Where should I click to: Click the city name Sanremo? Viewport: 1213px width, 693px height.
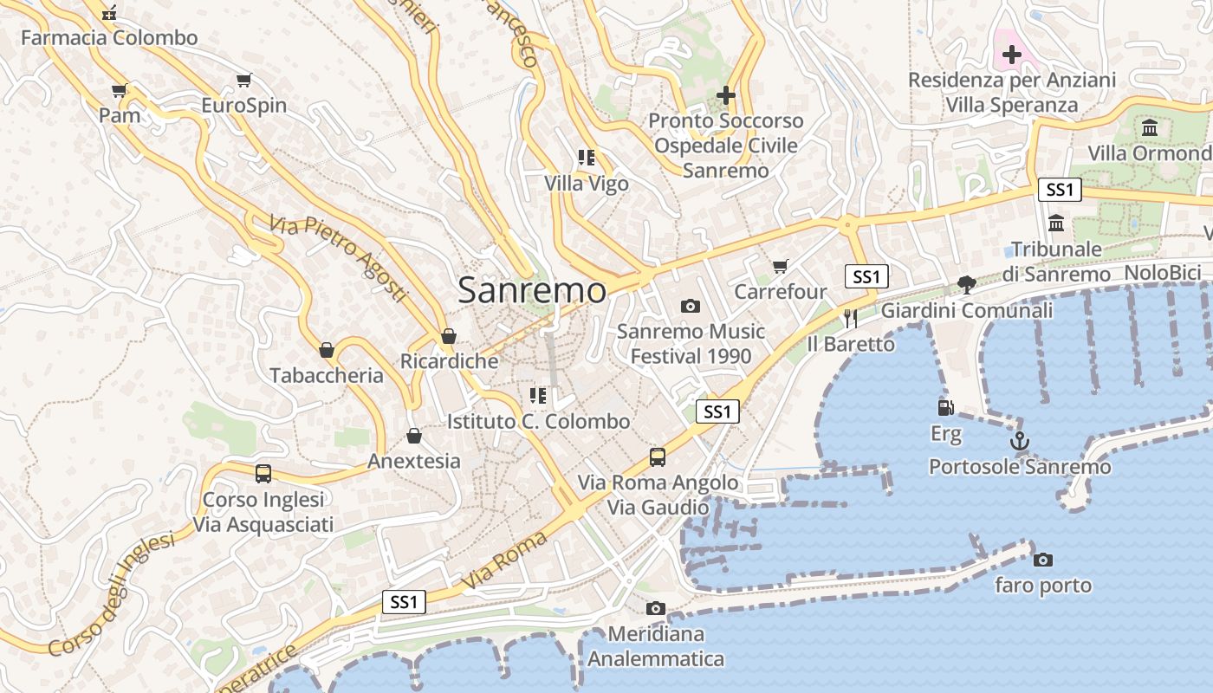pyautogui.click(x=531, y=290)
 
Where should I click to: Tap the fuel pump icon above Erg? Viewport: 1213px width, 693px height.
pyautogui.click(x=945, y=406)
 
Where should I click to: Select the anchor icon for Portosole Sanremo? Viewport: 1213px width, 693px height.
pyautogui.click(x=1020, y=441)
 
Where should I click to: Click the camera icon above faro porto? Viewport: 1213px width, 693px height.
pyautogui.click(x=1043, y=560)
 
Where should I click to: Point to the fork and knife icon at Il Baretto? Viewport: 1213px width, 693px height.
pyautogui.click(x=850, y=318)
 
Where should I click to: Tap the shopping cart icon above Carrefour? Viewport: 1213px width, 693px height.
pyautogui.click(x=781, y=266)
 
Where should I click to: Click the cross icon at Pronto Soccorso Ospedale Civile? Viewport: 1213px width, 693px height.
pyautogui.click(x=726, y=95)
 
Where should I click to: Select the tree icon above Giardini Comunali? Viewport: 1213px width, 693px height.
pyautogui.click(x=966, y=284)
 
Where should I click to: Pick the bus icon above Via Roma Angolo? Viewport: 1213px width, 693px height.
pyautogui.click(x=658, y=457)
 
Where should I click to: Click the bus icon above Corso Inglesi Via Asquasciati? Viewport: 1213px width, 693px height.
pyautogui.click(x=263, y=474)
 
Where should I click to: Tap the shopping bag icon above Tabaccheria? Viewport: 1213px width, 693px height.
pyautogui.click(x=327, y=350)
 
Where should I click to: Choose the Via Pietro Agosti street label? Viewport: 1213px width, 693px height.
pyautogui.click(x=338, y=259)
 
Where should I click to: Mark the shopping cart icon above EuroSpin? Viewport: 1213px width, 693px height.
pyautogui.click(x=243, y=81)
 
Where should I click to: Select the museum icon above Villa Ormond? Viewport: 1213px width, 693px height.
pyautogui.click(x=1150, y=128)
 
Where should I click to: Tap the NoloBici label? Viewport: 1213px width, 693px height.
pyautogui.click(x=1162, y=273)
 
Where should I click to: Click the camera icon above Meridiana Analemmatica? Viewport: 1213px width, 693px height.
pyautogui.click(x=656, y=608)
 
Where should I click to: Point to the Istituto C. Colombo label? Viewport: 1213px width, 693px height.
pyautogui.click(x=538, y=422)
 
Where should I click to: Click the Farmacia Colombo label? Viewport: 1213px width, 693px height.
pyautogui.click(x=109, y=38)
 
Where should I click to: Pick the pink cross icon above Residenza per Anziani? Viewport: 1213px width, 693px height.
pyautogui.click(x=1011, y=55)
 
